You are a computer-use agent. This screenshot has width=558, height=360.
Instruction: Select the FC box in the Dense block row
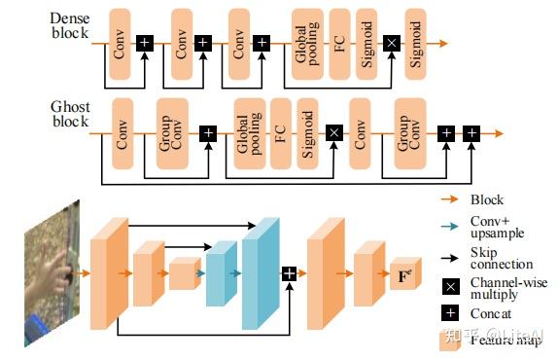pos(339,43)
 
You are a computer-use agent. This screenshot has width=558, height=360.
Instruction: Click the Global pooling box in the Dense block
pos(307,43)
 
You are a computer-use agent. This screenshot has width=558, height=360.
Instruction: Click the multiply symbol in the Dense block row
pos(392,43)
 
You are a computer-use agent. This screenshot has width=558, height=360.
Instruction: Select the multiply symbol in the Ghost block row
pos(333,132)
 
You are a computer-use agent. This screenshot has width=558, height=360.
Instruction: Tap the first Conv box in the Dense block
pos(121,43)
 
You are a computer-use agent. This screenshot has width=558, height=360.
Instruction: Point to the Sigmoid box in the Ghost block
pos(307,132)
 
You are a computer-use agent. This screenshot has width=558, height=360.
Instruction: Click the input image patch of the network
pos(50,273)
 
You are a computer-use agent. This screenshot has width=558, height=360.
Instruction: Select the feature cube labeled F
pos(402,275)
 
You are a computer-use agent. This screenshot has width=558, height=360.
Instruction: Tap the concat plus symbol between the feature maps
pos(289,274)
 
